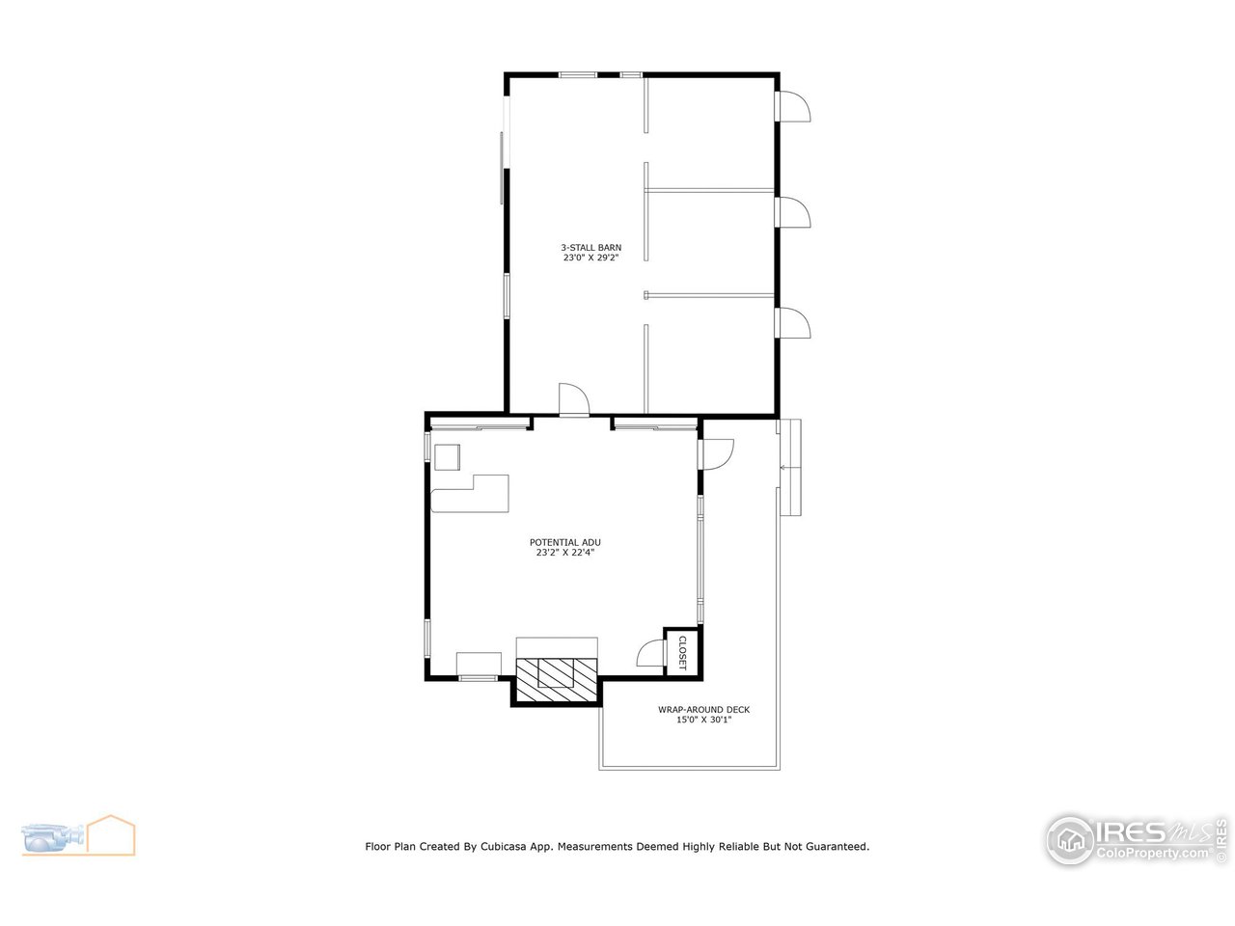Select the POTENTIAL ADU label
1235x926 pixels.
564,542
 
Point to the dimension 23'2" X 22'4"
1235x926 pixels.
564,553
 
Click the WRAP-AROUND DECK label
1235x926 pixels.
703,710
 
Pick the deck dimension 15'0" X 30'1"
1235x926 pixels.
703,720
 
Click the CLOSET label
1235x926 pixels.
682,652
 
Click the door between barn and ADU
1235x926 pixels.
572,400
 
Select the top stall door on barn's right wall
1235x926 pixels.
794,107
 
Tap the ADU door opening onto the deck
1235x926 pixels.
717,453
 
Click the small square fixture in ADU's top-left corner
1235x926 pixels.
448,456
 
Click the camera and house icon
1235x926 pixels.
78,835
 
